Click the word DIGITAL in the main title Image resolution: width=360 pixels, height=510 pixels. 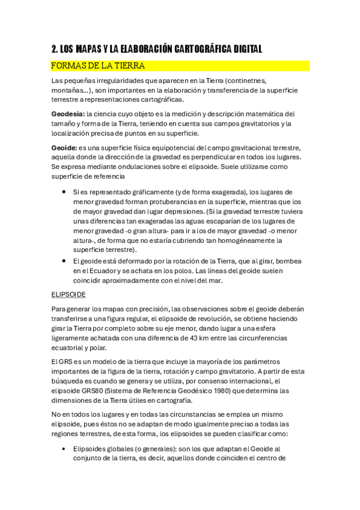[245, 49]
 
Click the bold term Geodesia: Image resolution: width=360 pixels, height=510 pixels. [68, 114]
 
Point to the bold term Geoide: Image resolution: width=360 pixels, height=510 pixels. [64, 147]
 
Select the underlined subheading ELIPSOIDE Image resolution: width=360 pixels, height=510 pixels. [69, 294]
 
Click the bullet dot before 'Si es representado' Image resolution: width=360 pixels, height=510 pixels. [64, 192]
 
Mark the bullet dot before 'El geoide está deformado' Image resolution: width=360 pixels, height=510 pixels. [64, 260]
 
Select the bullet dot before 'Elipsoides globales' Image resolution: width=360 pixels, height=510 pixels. [64, 449]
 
